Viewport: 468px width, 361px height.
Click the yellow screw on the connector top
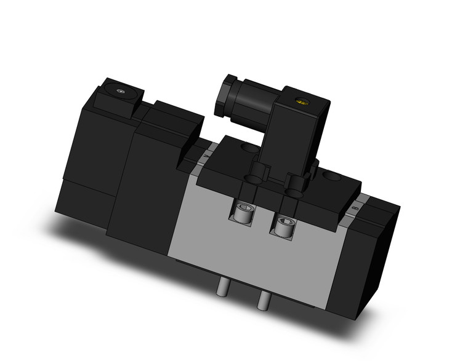(x=301, y=101)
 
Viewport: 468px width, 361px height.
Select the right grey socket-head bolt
(x=284, y=227)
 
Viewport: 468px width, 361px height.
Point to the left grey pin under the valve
(x=222, y=286)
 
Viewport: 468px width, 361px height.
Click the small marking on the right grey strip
(x=355, y=209)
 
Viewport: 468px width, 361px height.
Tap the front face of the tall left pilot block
(x=140, y=184)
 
